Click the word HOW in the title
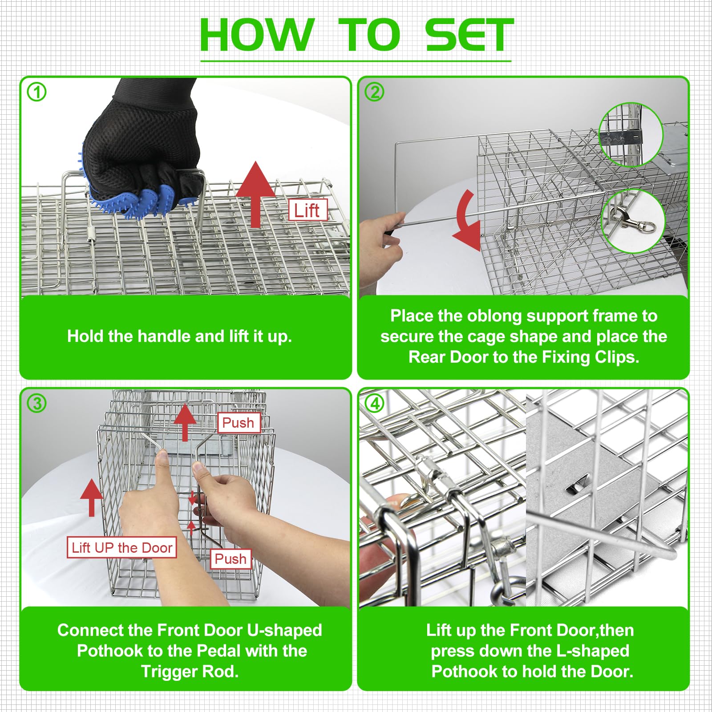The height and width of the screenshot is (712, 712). click(257, 35)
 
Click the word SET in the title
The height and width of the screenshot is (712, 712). click(469, 35)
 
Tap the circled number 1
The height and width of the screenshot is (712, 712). click(36, 92)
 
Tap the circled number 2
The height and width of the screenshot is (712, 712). click(374, 92)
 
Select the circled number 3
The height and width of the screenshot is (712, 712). click(36, 403)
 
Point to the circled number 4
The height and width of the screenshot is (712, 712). click(374, 403)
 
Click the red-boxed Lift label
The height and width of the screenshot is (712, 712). click(307, 210)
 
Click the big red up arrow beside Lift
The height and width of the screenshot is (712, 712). click(255, 194)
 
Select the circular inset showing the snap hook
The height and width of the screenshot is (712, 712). click(633, 221)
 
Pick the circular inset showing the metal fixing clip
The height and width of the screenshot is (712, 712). click(631, 135)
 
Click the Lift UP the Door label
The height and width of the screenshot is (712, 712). click(121, 547)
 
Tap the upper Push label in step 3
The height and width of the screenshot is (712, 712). click(238, 423)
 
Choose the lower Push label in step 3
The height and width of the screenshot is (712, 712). click(231, 558)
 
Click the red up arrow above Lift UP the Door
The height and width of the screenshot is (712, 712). click(92, 498)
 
